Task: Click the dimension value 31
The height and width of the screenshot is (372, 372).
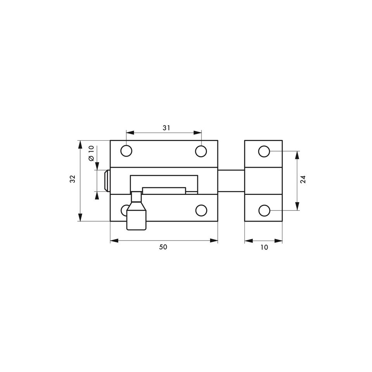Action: point(166,128)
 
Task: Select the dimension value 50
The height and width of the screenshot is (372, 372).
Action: point(163,247)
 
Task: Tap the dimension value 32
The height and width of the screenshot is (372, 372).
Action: point(72,179)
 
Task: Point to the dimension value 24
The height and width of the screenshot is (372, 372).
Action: point(303,179)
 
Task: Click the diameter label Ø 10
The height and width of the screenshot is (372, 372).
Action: point(91,153)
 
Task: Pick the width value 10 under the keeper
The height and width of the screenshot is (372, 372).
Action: point(264,247)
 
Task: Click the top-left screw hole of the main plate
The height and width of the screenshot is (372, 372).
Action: point(126,151)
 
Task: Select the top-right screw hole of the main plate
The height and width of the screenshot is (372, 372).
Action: point(201,151)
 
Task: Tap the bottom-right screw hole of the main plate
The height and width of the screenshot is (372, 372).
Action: point(201,210)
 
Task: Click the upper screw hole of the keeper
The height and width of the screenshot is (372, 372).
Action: point(264,152)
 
